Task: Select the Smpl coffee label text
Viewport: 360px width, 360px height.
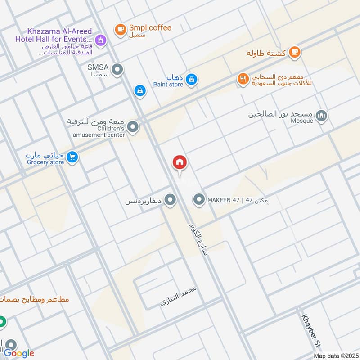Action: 151,28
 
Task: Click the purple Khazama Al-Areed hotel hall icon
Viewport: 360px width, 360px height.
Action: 102,40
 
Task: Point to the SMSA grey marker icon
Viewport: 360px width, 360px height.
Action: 118,70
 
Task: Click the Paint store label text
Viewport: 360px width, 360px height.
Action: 168,84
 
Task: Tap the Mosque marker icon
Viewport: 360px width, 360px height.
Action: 321,116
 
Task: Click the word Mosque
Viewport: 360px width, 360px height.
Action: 301,121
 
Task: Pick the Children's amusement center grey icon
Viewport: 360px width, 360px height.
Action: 133,128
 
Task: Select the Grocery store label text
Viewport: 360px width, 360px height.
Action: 45,162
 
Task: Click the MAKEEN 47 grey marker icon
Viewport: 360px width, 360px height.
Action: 199,199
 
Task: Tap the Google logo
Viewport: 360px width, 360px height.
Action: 19,353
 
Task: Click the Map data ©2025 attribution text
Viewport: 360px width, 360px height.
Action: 335,355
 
